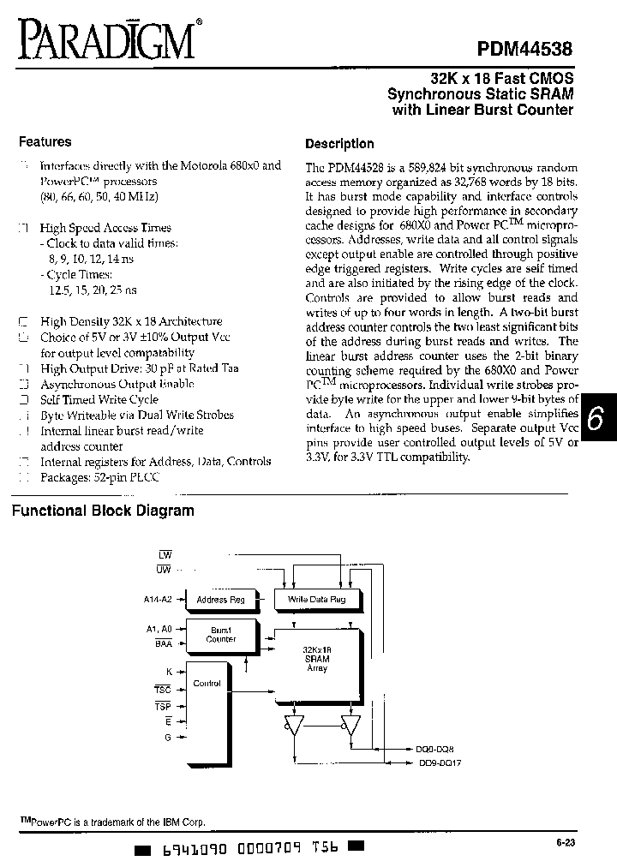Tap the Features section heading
(45, 142)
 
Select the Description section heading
(339, 144)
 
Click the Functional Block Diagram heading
(102, 511)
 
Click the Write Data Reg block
(317, 600)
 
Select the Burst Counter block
(221, 635)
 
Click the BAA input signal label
(164, 642)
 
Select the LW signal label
(165, 555)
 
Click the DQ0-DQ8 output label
(435, 749)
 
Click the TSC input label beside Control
(163, 689)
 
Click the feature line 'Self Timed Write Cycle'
(99, 400)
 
